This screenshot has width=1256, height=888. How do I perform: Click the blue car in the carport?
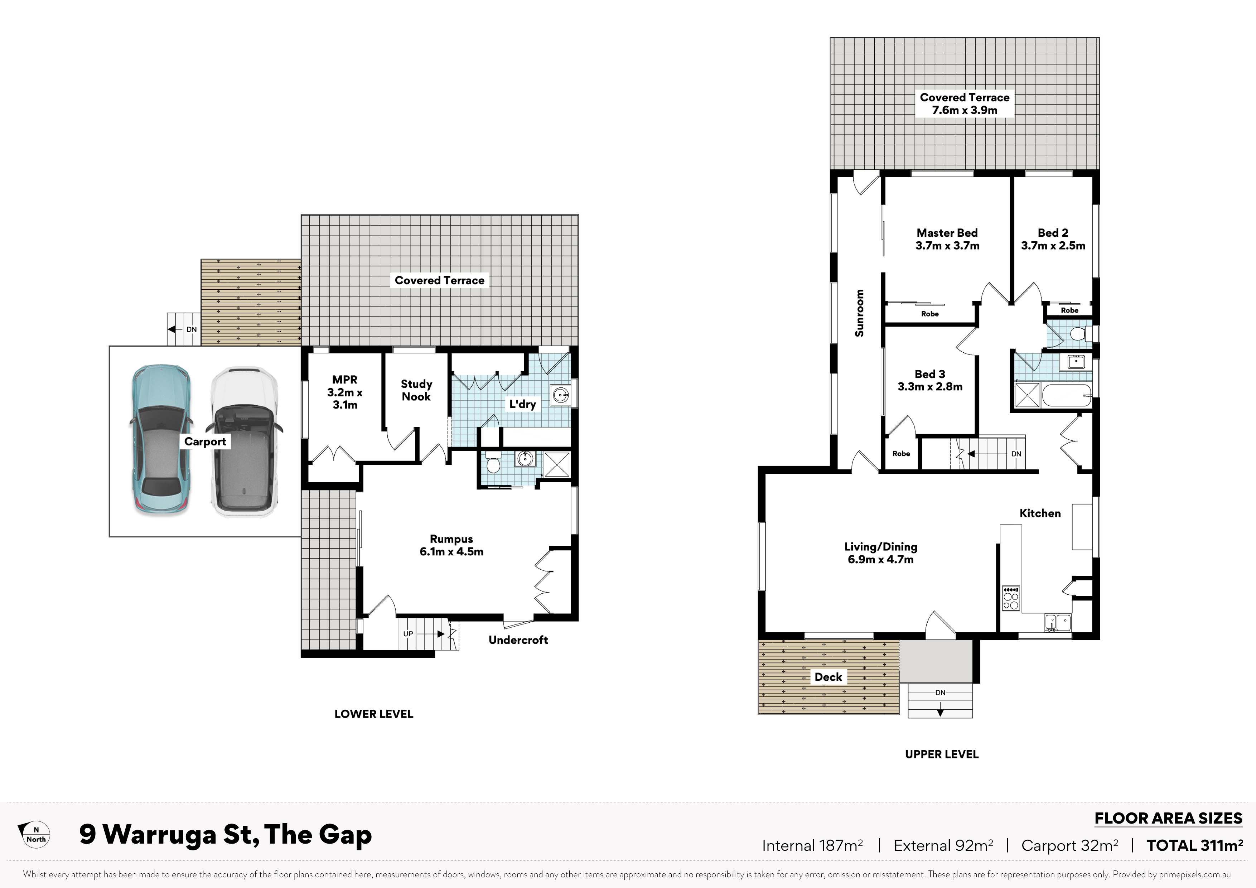coord(161,440)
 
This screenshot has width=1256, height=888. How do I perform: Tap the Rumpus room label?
coord(451,545)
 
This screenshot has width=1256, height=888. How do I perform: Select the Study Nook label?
coord(416,390)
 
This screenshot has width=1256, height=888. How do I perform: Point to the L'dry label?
coord(522,404)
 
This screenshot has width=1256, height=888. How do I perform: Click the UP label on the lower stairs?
coord(408,633)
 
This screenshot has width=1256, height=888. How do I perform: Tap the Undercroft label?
coord(518,640)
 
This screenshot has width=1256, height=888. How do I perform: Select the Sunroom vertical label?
coord(859,313)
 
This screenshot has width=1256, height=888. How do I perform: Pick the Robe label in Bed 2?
coord(1069,310)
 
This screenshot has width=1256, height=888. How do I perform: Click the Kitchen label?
coord(1040,513)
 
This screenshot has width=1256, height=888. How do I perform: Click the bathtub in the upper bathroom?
coord(1067,395)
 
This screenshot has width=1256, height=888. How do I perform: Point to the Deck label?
coord(828,677)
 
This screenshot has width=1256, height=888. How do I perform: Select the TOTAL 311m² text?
coord(1195,845)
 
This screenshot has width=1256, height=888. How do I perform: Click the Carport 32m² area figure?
coord(1069,845)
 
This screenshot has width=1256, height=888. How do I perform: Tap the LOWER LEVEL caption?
coord(374,714)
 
